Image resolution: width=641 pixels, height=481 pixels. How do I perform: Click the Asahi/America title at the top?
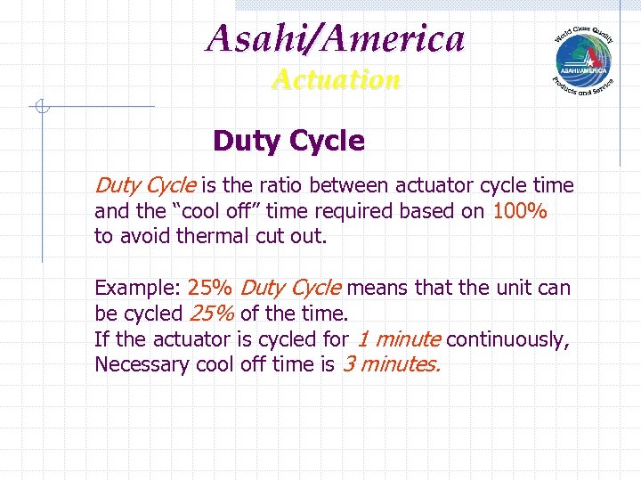point(336,38)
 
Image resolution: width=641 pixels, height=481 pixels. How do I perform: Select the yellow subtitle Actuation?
point(336,79)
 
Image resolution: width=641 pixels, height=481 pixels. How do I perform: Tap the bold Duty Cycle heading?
point(288,141)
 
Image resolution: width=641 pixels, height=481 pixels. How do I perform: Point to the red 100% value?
point(518,211)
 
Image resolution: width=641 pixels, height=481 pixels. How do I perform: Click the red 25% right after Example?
point(211,289)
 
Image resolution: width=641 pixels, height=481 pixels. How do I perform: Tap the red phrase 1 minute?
point(399,339)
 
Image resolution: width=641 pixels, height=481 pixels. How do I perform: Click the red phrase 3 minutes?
point(391,364)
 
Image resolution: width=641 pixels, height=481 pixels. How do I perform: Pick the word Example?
point(137,289)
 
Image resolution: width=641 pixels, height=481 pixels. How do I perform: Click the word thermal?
point(211,236)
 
